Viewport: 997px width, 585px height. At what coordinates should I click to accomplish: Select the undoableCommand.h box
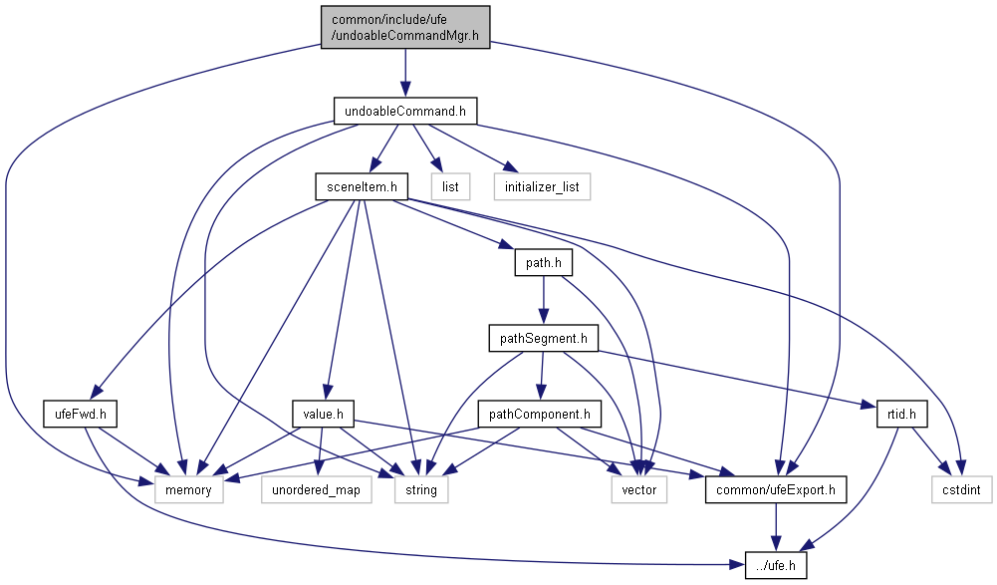coord(404,111)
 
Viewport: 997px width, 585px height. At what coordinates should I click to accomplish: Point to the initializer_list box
coord(542,185)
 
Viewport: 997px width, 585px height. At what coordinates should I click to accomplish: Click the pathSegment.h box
coord(542,338)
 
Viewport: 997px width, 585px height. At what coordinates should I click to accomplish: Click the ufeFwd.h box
coord(82,413)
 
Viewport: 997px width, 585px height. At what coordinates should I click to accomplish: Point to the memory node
coord(188,490)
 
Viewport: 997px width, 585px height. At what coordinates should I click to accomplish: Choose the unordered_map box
coord(316,490)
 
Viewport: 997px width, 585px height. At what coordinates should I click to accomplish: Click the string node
coord(421,490)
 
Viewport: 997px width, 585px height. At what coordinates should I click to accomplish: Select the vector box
coord(638,490)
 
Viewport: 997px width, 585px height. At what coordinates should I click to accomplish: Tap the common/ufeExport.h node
coord(777,490)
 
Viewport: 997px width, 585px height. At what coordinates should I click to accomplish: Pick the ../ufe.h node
coord(777,566)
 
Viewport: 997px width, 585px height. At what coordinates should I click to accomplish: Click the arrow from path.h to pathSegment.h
coord(542,300)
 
